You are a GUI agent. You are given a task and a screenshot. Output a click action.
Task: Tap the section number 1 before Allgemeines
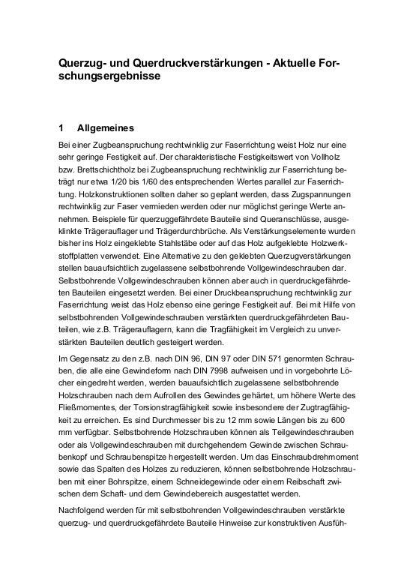point(61,127)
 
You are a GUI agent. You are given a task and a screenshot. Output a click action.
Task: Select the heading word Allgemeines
point(106,127)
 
